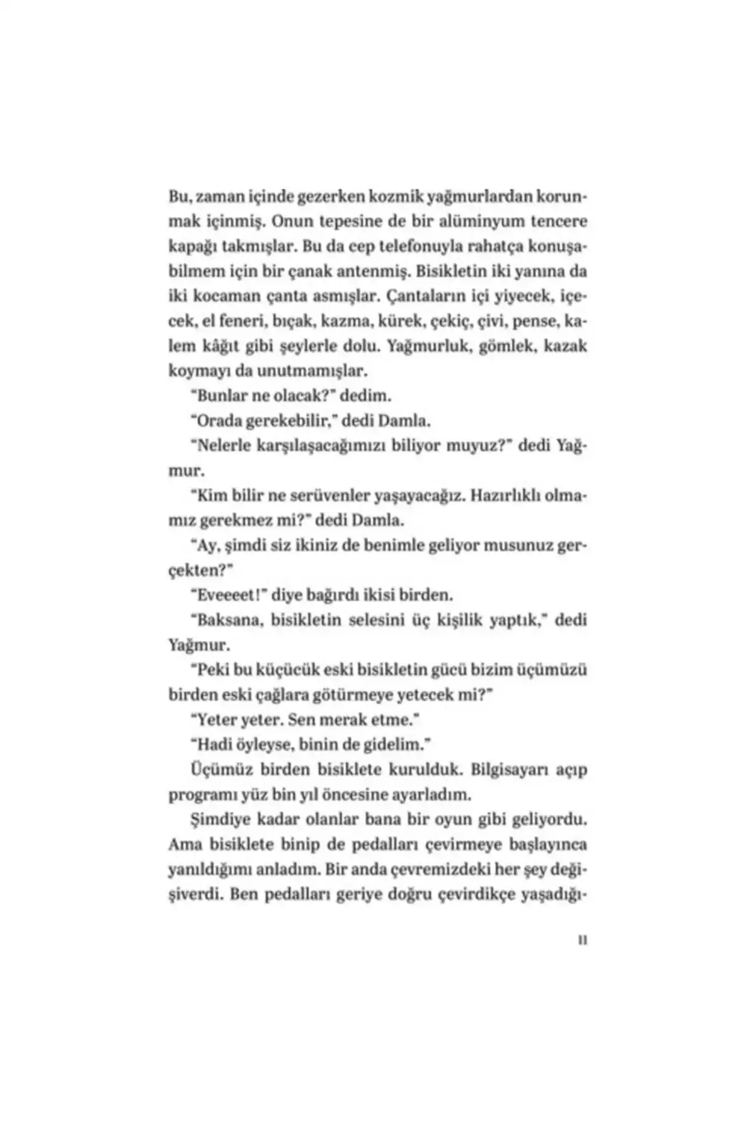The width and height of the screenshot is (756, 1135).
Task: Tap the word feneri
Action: (244, 322)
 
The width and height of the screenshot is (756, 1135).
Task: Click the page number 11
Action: (582, 940)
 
